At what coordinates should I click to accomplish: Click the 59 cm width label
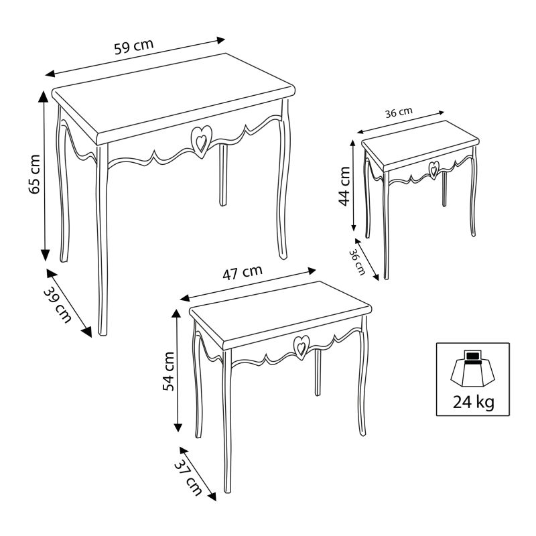133,48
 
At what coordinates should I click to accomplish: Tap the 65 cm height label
34,175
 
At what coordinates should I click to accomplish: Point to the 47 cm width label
242,272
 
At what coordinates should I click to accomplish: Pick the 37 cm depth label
188,475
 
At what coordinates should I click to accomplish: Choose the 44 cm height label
344,188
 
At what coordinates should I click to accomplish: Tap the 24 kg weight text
469,402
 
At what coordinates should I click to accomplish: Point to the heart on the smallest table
434,168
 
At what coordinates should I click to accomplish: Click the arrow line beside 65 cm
45,175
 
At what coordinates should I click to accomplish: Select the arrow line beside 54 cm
178,370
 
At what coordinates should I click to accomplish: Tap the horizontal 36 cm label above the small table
399,113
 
